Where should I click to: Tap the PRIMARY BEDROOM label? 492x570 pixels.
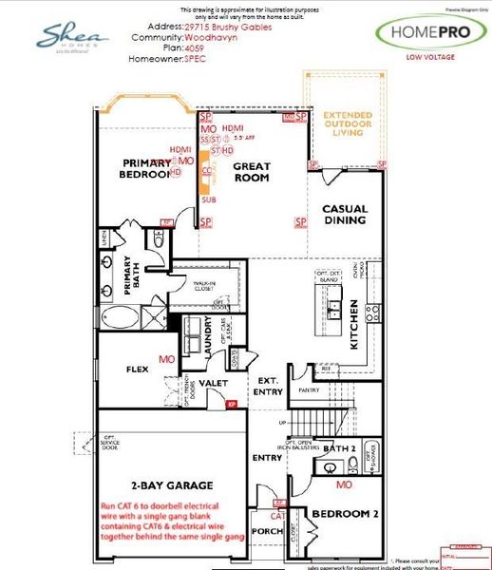[145, 168]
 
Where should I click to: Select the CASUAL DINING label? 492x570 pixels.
[344, 215]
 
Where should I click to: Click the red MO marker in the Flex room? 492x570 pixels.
[167, 360]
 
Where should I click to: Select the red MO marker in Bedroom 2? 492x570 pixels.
[344, 484]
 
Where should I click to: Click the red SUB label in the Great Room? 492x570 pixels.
[207, 201]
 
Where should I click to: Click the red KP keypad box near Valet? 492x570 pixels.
[231, 405]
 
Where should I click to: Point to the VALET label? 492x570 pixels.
[210, 384]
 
